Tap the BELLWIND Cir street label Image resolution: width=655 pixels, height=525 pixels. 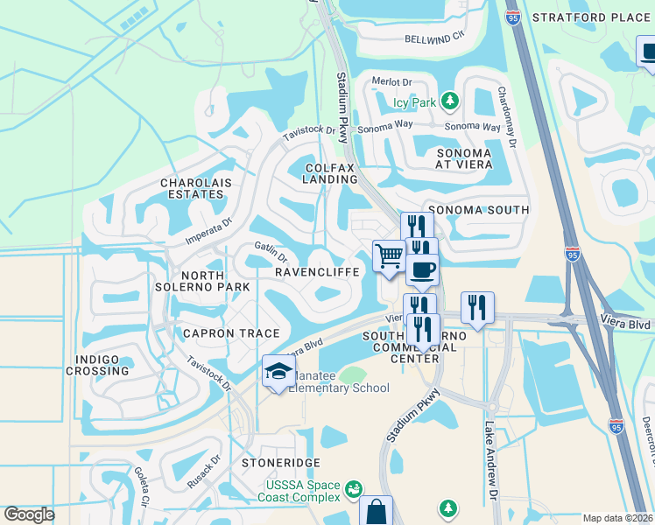point(434,38)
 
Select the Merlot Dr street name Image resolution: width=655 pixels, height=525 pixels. point(392,81)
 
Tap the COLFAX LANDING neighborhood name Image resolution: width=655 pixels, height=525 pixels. point(331,172)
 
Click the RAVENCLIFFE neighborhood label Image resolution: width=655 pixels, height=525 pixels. point(317,272)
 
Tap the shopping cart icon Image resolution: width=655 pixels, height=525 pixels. point(389,255)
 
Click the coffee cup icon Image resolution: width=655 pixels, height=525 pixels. point(421,269)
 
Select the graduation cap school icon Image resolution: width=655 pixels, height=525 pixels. point(278,371)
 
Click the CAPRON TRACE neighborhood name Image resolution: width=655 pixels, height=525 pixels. point(231,333)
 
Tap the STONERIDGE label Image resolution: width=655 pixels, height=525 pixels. point(282,462)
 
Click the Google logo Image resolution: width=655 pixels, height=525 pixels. point(30,514)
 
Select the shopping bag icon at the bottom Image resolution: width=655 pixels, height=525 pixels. point(376,512)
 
